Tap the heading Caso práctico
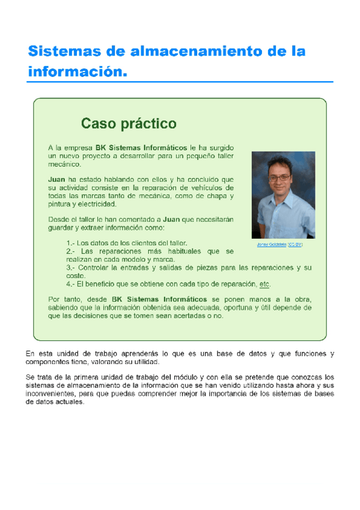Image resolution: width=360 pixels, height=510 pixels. pos(129,124)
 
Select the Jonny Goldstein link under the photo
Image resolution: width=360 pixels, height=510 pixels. pos(272,245)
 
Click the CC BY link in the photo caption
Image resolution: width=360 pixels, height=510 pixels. pos(295,245)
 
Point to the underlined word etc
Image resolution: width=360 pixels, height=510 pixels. pos(264,284)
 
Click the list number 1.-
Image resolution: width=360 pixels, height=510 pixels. pos(71,242)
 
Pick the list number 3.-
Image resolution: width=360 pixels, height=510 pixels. pos(71,267)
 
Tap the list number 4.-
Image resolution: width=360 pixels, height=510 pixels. pos(71,284)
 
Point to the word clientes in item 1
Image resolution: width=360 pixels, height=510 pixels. pos(133,242)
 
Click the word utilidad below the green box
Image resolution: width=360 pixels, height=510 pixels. pos(145,363)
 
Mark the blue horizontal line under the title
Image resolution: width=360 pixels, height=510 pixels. pos(180,81)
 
